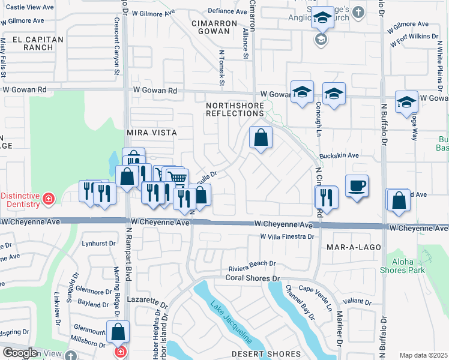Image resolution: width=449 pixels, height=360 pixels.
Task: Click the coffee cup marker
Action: pos(356,185)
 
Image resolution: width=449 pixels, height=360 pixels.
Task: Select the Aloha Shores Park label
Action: pos(402,266)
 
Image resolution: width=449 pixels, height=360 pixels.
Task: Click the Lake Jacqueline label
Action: pos(231,321)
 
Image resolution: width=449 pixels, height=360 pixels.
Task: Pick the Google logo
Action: pos(20,353)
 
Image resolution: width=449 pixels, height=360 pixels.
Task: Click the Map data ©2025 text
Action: pos(423,355)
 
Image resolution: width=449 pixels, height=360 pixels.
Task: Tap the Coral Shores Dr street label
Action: pos(253,278)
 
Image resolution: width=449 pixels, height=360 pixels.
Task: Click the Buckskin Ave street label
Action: pos(339,155)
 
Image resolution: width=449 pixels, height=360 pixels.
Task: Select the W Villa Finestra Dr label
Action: pos(287,237)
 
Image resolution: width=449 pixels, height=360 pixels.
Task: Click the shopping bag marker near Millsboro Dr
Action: pos(118,332)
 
